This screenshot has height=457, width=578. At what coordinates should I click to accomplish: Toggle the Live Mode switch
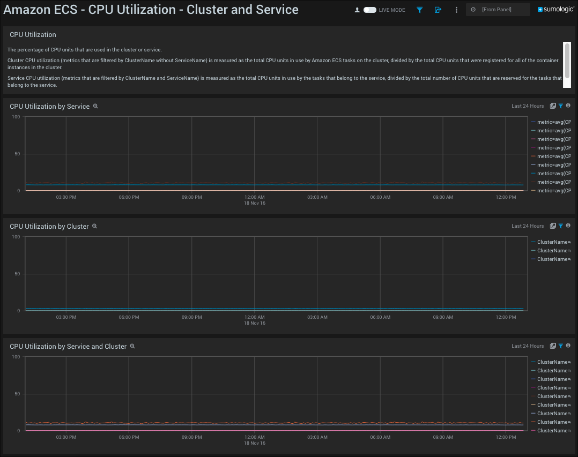(370, 10)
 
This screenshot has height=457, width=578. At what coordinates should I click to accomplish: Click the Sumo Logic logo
(555, 10)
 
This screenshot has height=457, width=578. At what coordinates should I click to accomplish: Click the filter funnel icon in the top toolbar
(420, 10)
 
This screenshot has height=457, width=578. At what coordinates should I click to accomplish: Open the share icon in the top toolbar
(438, 10)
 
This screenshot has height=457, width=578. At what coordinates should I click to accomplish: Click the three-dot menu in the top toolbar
(456, 10)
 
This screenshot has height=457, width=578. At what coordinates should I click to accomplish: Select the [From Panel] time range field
(497, 10)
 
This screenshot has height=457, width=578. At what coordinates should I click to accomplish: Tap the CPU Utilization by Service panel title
(49, 107)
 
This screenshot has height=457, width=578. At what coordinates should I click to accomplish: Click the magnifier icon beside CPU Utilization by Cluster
(95, 227)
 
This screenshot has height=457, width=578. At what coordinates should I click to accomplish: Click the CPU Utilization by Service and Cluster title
(68, 347)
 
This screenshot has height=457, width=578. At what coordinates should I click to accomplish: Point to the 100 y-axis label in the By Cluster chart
(16, 237)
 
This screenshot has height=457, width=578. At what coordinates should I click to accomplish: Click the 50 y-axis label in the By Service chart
(17, 154)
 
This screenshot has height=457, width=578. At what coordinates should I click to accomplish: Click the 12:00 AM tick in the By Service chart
(254, 197)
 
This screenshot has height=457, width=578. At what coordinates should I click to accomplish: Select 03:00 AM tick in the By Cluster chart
(317, 317)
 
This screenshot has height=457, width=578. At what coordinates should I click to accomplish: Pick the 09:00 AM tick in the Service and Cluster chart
(443, 437)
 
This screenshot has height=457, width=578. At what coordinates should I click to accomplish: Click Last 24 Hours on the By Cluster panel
(527, 226)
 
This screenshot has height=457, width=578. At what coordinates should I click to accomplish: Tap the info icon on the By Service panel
(568, 106)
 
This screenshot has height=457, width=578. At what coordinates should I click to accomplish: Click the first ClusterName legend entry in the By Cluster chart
(553, 242)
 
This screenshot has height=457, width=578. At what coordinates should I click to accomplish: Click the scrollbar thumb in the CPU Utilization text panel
(567, 54)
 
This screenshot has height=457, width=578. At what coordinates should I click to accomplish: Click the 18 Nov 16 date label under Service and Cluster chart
(255, 443)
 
